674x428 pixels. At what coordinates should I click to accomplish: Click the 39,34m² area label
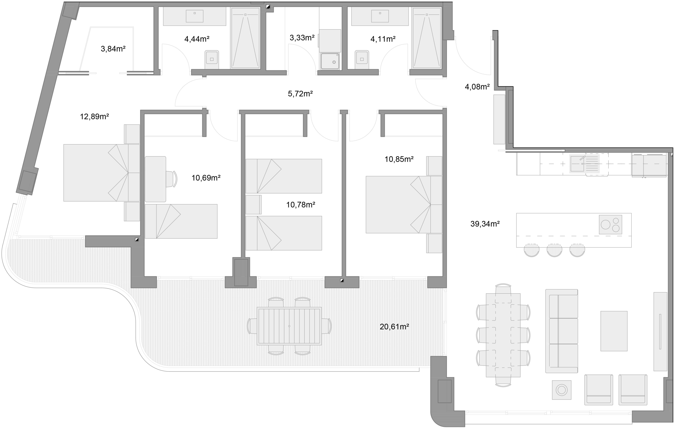point(485,224)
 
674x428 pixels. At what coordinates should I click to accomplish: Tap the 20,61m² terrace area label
point(394,327)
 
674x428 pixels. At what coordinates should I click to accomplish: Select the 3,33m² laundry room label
point(302,38)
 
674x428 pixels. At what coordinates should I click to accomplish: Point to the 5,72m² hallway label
point(300,94)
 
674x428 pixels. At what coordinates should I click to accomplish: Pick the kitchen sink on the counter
point(577,164)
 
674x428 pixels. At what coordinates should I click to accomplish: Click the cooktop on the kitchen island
point(611,225)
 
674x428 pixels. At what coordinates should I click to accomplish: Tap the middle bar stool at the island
point(554,250)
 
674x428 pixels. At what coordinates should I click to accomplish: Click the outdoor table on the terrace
point(289,326)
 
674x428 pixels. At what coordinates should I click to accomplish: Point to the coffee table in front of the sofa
point(614,331)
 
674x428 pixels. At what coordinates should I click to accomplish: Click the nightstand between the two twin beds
point(253,204)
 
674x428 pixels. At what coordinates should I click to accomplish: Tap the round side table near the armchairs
point(562,390)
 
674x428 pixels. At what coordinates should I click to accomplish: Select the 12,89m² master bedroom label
point(94,117)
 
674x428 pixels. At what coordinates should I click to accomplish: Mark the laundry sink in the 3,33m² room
point(330,61)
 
